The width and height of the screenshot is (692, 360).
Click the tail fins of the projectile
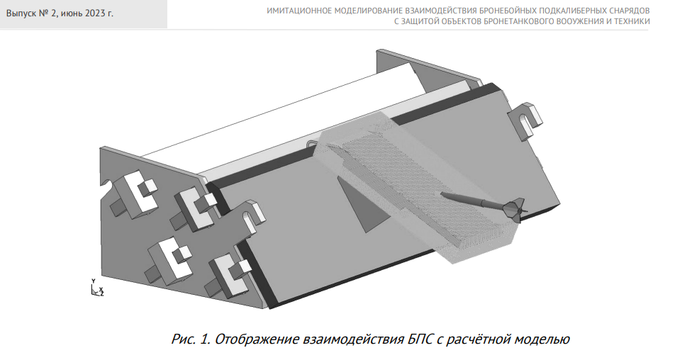[x=515, y=209]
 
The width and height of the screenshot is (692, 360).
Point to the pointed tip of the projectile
[x=441, y=193]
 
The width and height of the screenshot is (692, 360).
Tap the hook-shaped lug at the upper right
[x=525, y=121]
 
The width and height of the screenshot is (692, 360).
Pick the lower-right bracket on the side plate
[x=230, y=275]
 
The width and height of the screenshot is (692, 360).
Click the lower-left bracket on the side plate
[x=169, y=260]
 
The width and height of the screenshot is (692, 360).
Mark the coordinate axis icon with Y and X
[x=96, y=288]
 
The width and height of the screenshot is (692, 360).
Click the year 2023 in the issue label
[x=95, y=13]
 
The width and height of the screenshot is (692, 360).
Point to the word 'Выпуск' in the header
[x=21, y=13]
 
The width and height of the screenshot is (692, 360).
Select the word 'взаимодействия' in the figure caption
[x=354, y=339]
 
